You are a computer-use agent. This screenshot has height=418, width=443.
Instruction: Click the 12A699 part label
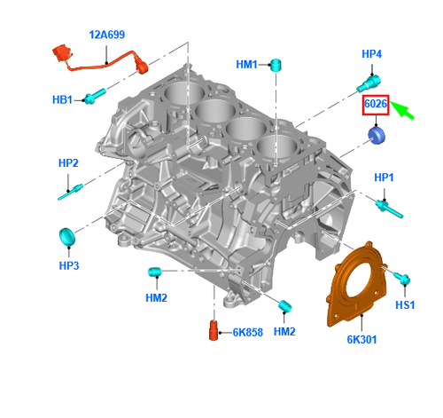tap(107, 35)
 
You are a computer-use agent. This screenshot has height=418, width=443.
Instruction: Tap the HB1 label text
tap(62, 99)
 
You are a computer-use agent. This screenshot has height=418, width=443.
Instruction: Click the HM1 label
tap(246, 65)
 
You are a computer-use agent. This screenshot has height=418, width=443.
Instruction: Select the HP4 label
tap(372, 55)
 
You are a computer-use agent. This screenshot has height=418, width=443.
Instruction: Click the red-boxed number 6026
tap(377, 106)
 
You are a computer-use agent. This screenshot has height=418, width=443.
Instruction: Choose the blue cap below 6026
tap(377, 136)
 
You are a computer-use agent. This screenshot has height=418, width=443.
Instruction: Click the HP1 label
tap(383, 178)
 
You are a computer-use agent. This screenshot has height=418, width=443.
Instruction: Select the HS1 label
tap(405, 304)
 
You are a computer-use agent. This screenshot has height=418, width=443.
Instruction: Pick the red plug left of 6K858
tap(214, 330)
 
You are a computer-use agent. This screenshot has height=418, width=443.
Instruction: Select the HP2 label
tap(69, 163)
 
